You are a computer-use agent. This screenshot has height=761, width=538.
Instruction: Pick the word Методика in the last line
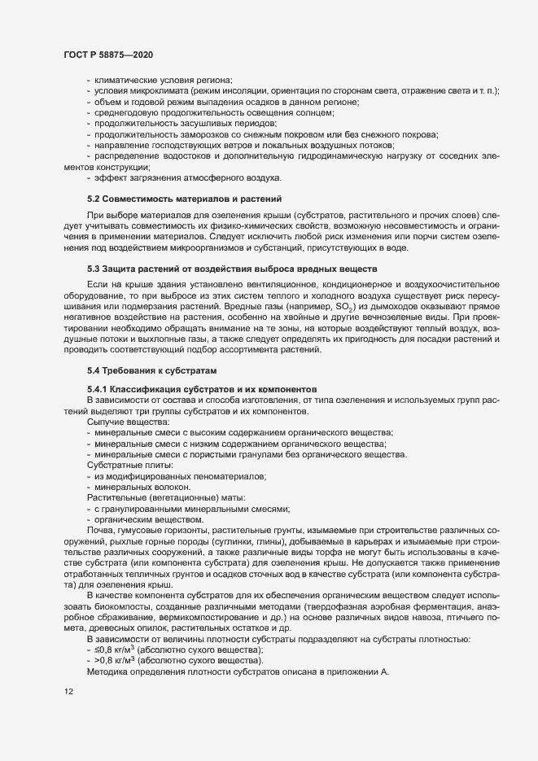click(108, 673)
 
